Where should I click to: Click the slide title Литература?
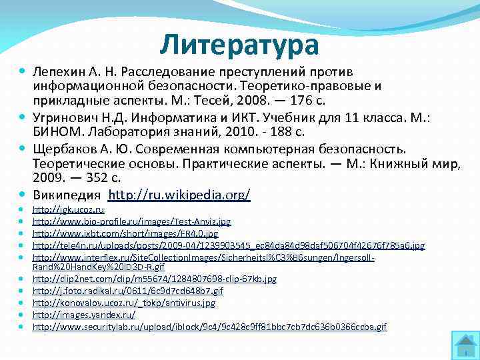tap(239, 45)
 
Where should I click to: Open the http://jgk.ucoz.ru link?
tap(68, 209)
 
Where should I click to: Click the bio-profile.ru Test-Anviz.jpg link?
tap(131, 221)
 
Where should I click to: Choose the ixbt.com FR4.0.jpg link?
tap(125, 233)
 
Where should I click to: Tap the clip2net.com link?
tap(155, 279)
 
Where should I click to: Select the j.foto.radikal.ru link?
tap(127, 291)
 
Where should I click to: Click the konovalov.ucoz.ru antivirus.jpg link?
tap(124, 303)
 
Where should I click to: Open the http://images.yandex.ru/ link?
tap(84, 315)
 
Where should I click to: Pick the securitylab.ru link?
tap(209, 327)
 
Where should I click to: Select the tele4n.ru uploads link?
tap(229, 245)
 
